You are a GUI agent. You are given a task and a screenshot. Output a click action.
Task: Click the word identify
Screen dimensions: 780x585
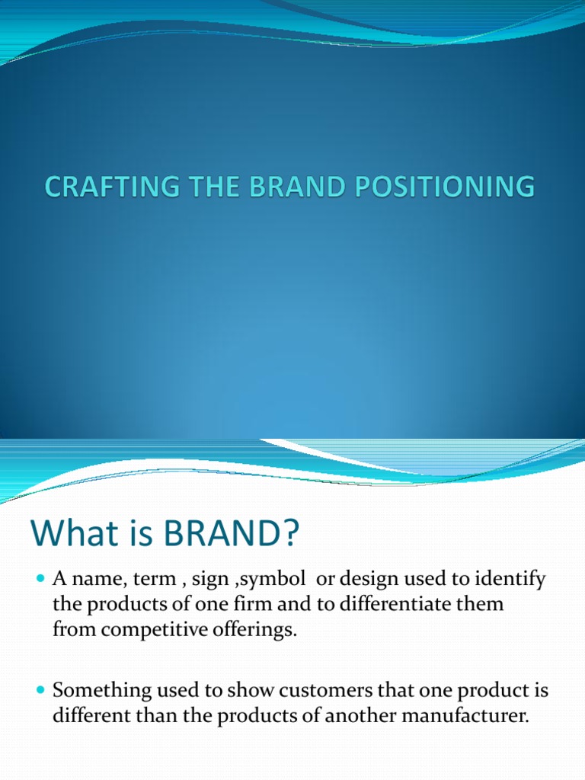512,580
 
